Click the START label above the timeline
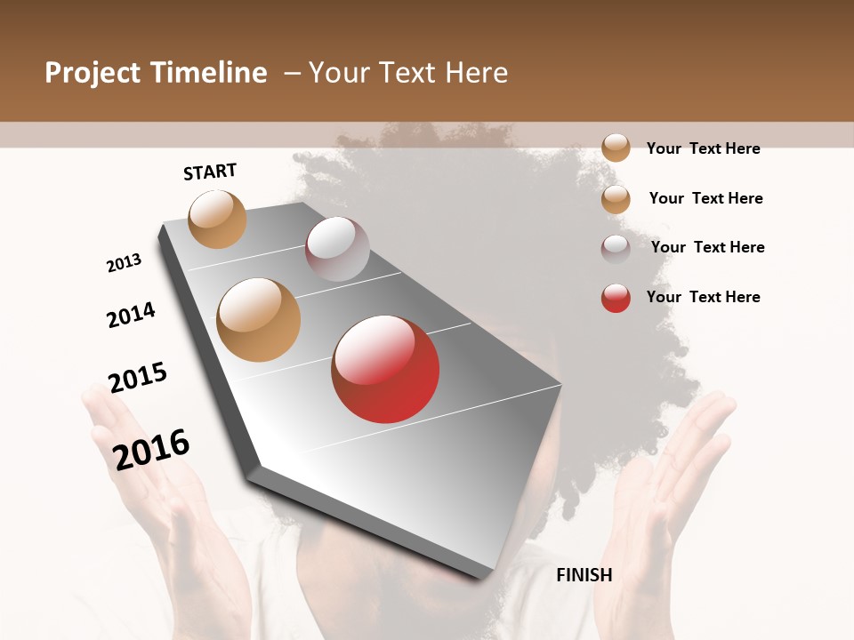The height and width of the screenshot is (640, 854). pos(210,172)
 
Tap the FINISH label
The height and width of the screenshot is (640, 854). pos(584,575)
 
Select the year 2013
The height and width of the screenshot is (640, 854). pos(124,263)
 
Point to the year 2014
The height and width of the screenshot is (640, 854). pos(131,315)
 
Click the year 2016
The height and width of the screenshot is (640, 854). pos(151,449)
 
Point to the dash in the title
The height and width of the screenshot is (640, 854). pos(292,73)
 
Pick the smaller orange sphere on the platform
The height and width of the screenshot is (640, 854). pos(217,219)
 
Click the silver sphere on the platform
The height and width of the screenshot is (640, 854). pos(337,249)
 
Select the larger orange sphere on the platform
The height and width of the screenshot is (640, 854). pos(258,320)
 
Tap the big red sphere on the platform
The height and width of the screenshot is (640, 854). pos(385,369)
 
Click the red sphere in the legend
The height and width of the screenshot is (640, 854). pos(616,298)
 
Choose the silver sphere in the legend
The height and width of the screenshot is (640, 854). pos(616,249)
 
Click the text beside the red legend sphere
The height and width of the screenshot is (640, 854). pos(703,297)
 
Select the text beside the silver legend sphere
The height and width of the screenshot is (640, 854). pos(707,247)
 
